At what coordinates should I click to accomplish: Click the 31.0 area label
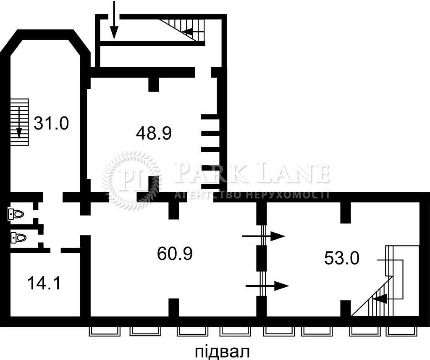(51, 123)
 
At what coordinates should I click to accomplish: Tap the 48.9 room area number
(154, 133)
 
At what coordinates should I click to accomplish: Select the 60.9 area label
(175, 254)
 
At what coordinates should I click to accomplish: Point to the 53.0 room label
(342, 258)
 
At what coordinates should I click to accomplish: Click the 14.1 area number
(44, 283)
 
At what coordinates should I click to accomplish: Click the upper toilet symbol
(16, 214)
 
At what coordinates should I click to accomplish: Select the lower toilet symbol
(18, 237)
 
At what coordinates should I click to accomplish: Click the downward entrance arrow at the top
(114, 19)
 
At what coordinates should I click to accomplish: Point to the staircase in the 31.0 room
(20, 122)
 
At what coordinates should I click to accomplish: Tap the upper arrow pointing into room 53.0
(264, 236)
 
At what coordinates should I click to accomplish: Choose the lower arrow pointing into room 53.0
(267, 286)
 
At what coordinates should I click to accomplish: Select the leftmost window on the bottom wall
(105, 331)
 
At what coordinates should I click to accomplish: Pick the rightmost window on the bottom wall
(401, 331)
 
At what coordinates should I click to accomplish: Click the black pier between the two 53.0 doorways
(261, 258)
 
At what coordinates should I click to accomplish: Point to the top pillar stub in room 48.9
(154, 84)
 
